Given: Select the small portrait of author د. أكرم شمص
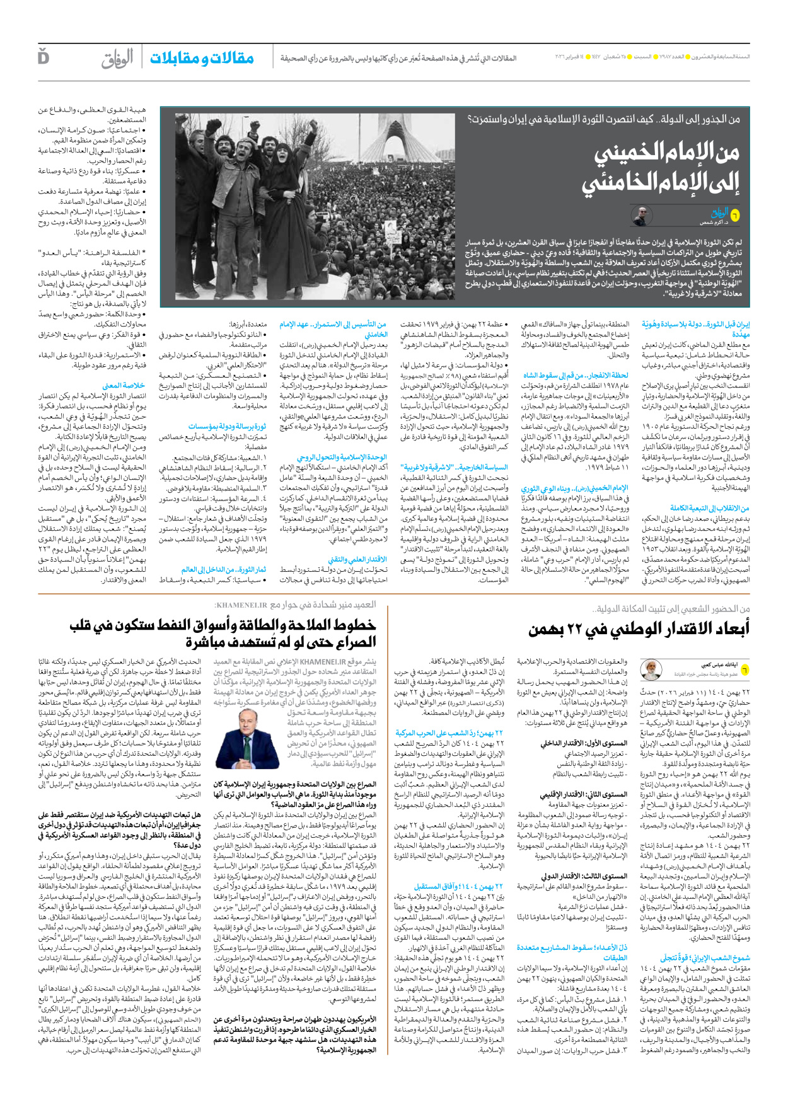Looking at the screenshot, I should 641,216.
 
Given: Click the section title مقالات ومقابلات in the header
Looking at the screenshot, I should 202,58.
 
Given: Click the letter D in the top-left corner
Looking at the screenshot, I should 43,57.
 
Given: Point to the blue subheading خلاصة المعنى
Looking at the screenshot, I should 124,385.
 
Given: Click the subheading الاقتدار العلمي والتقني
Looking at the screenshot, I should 357,560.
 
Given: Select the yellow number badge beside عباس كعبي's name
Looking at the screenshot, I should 745,669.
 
